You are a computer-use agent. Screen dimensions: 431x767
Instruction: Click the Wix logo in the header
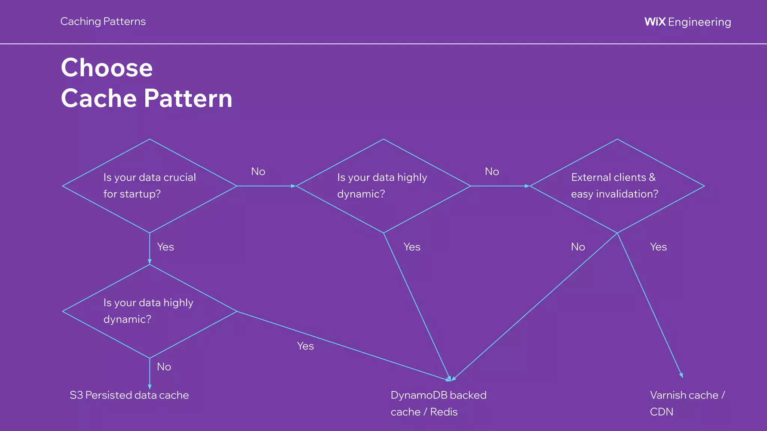coord(655,22)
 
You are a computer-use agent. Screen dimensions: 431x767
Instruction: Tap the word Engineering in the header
coord(699,22)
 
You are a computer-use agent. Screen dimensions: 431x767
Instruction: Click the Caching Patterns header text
coord(103,21)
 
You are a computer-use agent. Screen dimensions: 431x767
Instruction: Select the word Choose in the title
coord(107,68)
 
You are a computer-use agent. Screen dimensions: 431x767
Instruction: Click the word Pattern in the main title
coord(188,98)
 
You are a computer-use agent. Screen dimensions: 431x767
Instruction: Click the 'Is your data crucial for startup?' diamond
coord(149,186)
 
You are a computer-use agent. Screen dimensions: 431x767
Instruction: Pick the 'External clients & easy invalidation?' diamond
coord(617,186)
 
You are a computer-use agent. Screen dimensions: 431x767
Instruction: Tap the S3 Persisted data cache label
coord(129,395)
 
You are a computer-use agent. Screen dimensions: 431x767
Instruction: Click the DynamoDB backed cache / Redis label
coord(438,403)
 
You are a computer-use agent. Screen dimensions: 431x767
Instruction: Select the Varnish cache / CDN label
coord(687,403)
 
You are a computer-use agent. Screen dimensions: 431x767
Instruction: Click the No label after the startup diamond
coord(258,171)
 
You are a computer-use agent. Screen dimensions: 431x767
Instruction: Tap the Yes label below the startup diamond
coord(166,247)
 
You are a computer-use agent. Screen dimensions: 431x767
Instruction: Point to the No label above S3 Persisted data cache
coord(164,367)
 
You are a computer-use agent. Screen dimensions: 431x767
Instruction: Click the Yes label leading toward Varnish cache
coord(658,247)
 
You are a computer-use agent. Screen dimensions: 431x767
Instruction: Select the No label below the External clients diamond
coord(578,247)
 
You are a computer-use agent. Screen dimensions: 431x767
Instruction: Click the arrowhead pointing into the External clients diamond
coord(527,186)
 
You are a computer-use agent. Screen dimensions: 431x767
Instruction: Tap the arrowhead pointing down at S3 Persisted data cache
coord(149,387)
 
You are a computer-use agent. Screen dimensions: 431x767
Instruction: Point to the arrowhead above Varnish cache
coord(681,375)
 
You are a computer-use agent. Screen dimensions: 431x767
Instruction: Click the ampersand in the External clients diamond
coord(652,177)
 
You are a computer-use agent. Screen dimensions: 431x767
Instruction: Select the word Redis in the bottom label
coord(444,412)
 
